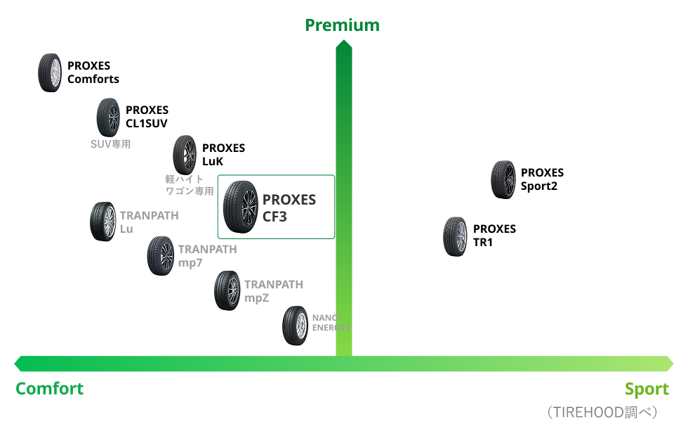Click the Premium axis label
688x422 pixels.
point(342,25)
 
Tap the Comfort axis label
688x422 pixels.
point(49,389)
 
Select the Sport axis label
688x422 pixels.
point(647,389)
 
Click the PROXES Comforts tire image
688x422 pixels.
point(51,72)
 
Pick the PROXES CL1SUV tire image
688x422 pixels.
point(109,117)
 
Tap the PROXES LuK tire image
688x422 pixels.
point(185,155)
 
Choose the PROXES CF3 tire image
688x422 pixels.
point(240,206)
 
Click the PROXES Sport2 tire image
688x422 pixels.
point(503,180)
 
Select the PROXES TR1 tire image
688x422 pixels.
point(456,236)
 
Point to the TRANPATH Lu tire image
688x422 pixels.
point(102,222)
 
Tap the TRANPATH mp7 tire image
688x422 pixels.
point(160,256)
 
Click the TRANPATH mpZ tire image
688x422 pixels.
point(227,291)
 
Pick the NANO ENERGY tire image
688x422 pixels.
point(296,326)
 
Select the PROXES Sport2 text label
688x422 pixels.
point(542,179)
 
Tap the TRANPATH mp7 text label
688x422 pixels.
point(207,256)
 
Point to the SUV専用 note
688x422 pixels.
point(111,144)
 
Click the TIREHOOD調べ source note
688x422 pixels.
point(601,412)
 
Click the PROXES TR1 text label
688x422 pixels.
point(494,236)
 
